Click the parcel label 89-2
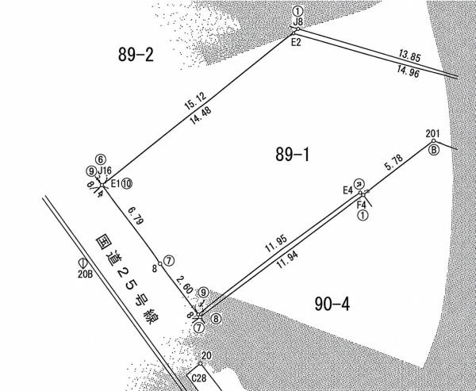point(136,55)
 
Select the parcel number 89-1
point(292,154)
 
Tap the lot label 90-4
point(332,304)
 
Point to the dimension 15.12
point(196,101)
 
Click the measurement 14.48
point(201,115)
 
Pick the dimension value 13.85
point(410,56)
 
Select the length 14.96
point(409,72)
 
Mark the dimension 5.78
point(393,162)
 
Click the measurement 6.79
point(136,216)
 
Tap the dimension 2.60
point(184,285)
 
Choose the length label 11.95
point(276,243)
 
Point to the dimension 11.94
point(287,260)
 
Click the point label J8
point(298,22)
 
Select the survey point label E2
point(296,43)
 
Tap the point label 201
point(432,133)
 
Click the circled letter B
point(435,150)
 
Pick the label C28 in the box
point(199,378)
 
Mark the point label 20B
point(85,274)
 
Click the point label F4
point(361,205)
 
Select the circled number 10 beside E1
point(127,184)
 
